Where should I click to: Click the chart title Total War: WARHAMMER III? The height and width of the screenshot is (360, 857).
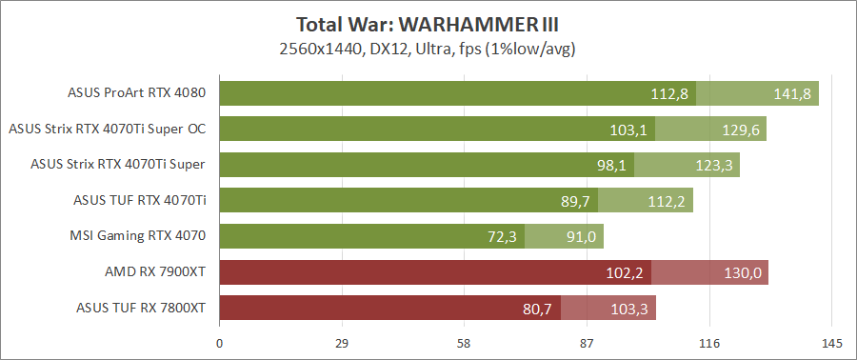[428, 24]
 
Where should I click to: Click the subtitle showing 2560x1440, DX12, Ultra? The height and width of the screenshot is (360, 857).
[428, 47]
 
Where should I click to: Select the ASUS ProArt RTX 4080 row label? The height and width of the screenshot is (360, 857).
[137, 93]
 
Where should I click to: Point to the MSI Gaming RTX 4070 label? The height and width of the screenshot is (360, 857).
[138, 235]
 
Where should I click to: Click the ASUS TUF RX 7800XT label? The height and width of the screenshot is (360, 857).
[141, 308]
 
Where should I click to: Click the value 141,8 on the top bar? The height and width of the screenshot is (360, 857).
[792, 93]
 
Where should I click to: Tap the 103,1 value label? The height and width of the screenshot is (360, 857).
[628, 130]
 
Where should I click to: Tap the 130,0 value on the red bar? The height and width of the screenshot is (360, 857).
[742, 272]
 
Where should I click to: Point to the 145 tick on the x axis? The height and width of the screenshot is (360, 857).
[831, 343]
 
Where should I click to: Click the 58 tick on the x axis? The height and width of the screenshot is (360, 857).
[465, 343]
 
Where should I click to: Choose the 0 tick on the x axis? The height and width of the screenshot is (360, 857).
[220, 343]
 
